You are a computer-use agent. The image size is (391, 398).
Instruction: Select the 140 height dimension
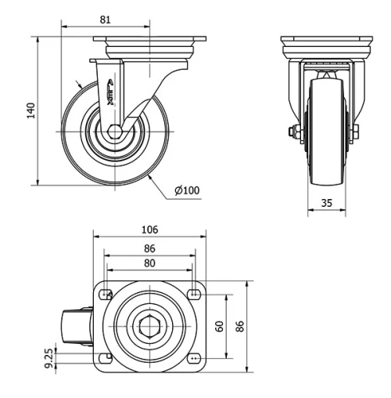coord(31,110)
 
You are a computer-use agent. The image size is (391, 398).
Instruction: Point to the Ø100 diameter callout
coord(187,190)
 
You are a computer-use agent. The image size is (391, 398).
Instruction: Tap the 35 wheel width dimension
coord(326,202)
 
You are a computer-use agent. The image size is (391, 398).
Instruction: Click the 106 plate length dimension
coord(149,230)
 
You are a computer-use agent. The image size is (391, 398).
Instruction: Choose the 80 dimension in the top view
coord(149,263)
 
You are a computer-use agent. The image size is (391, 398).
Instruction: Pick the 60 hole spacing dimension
coord(220,324)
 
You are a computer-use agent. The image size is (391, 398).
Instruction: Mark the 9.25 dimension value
coord(49,360)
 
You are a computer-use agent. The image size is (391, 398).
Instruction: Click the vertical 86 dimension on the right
coord(240,324)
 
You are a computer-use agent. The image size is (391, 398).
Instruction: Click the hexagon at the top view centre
coord(149,325)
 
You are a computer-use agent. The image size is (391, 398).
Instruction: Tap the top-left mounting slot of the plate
coord(105,294)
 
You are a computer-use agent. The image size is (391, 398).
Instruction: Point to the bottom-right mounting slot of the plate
coord(193,356)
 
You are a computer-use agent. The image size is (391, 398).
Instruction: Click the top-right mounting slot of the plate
coord(193,294)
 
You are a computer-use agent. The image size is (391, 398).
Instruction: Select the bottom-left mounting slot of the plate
coord(105,356)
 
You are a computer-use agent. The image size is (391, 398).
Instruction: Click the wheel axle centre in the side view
coord(115,131)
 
